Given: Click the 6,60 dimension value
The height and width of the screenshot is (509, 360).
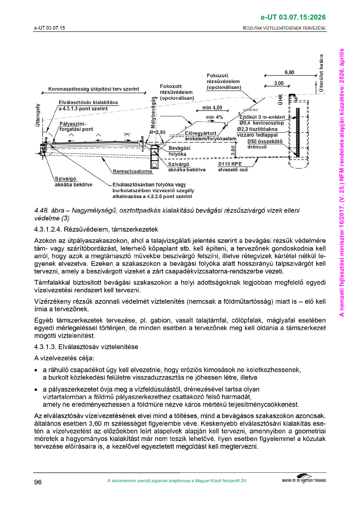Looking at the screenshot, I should (x=289, y=73).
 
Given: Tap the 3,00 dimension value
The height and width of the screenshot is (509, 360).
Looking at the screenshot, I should (x=279, y=83).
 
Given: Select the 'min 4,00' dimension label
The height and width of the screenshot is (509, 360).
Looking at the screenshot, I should (x=212, y=108).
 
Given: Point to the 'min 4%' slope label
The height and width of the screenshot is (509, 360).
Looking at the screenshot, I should (x=214, y=117).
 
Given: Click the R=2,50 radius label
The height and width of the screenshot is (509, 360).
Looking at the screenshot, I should (x=157, y=132).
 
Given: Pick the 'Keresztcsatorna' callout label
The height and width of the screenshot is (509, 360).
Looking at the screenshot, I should (x=133, y=171).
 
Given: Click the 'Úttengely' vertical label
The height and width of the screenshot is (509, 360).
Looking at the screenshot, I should (x=38, y=115).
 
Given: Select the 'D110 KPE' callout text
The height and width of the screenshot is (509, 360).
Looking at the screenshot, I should (x=230, y=164).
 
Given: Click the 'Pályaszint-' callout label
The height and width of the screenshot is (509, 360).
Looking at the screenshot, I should (x=73, y=124).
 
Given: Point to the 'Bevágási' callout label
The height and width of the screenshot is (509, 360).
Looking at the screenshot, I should (x=179, y=148).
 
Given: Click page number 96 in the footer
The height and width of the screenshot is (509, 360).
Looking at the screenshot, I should (x=38, y=482).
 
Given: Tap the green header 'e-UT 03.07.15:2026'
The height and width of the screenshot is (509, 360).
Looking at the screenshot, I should (x=293, y=17).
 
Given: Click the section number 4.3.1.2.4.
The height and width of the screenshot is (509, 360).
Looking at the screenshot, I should (x=48, y=229).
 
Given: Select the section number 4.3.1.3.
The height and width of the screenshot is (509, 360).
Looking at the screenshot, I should (x=45, y=347).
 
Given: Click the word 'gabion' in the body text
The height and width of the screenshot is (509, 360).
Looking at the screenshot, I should (x=160, y=320).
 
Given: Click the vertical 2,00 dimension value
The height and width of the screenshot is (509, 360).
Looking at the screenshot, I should (x=233, y=150).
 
